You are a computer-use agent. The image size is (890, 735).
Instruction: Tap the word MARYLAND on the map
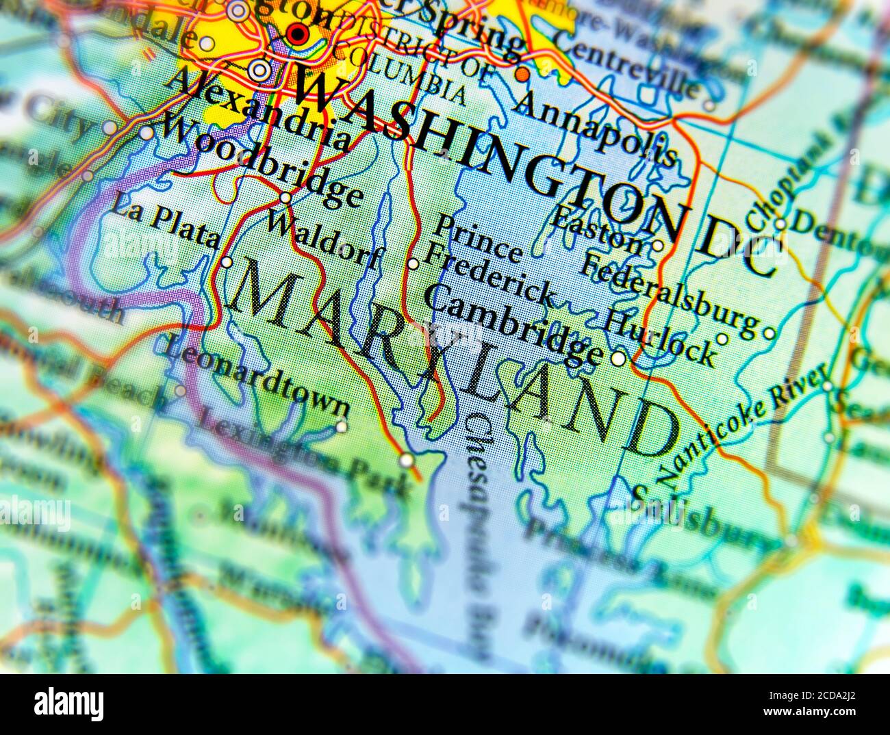coord(452,356)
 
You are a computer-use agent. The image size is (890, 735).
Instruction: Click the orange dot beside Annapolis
coord(522,73)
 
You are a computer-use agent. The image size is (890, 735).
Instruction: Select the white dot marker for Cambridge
coord(618,358)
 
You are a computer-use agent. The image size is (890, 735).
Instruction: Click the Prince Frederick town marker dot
coord(413,263)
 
